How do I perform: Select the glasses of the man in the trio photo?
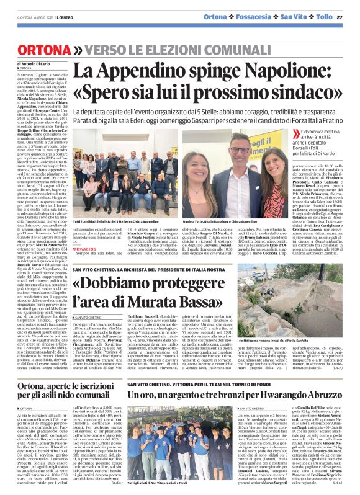240,150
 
